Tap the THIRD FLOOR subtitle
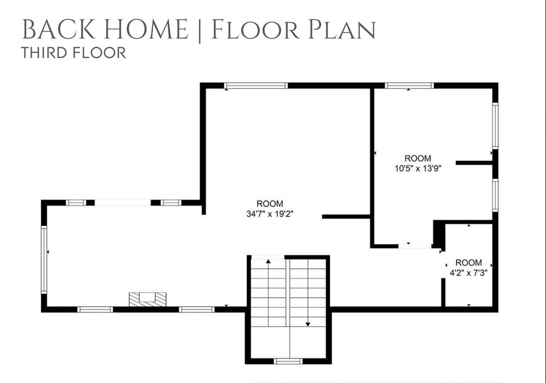(73, 53)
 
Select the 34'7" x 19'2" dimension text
(270, 213)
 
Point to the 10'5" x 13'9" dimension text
(417, 168)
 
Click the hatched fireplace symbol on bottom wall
(148, 299)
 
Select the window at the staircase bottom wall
(288, 361)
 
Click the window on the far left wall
(44, 259)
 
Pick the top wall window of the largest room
(255, 86)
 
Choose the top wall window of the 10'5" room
(409, 86)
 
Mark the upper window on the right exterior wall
(495, 125)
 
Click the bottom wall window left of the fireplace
(95, 309)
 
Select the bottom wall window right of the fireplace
(197, 309)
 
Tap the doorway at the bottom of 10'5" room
(415, 246)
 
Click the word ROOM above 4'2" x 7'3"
(469, 262)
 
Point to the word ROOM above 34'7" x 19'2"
(270, 204)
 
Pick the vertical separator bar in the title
(200, 30)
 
